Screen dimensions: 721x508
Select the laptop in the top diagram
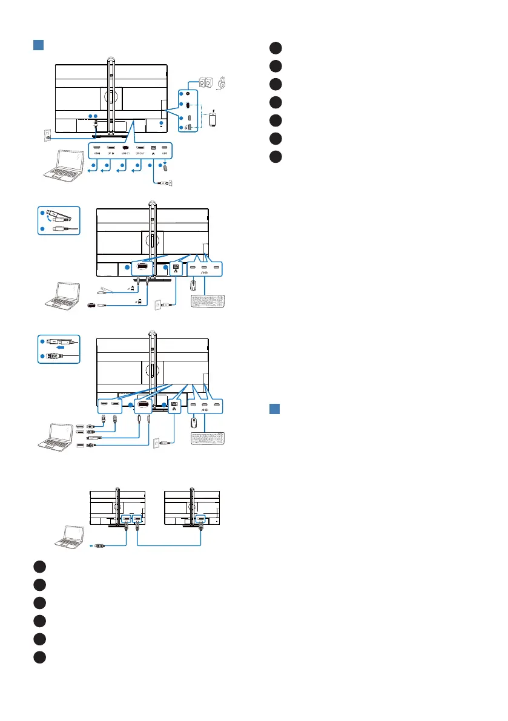tap(63, 168)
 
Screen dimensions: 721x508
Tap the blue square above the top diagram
tap(38, 47)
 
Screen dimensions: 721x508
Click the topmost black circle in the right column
tap(277, 48)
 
